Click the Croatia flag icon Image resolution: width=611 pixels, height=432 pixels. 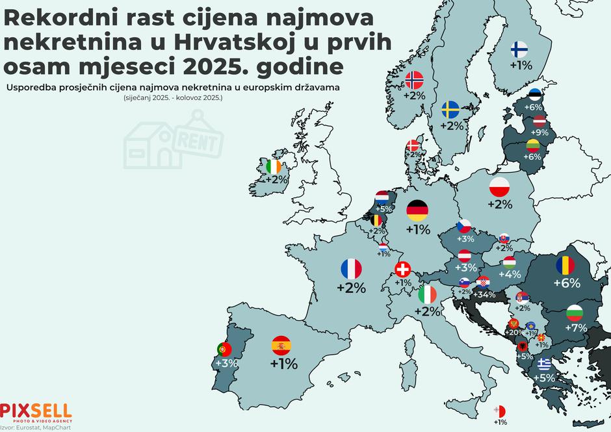click(483, 282)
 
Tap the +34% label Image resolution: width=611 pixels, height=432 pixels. click(484, 294)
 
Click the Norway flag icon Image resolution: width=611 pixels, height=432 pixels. click(414, 80)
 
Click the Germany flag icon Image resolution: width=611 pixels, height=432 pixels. click(417, 210)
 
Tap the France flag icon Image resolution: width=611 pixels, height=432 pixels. click(351, 268)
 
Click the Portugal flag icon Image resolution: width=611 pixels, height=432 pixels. click(224, 349)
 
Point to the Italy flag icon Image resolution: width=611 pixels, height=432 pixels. click(427, 294)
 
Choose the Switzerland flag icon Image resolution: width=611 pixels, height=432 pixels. click(403, 269)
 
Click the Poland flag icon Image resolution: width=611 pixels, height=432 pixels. click(500, 187)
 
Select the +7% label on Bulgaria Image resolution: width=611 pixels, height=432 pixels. click(575, 327)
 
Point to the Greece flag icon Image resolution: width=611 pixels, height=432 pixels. click(543, 363)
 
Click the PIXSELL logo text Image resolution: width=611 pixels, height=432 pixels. click(36, 411)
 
